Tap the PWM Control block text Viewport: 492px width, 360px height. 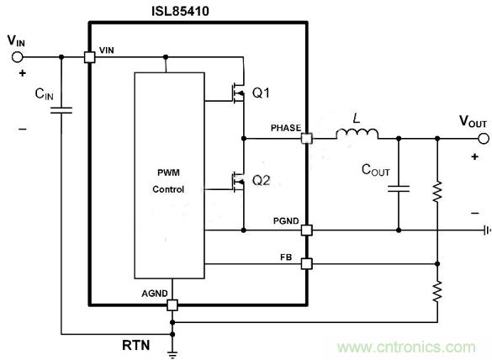click(x=167, y=182)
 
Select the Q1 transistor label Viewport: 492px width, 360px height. click(x=262, y=92)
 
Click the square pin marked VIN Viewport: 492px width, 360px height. click(x=88, y=57)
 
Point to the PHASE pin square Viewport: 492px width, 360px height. click(x=307, y=138)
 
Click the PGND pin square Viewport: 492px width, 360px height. click(x=307, y=230)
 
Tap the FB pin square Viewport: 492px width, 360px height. click(x=307, y=263)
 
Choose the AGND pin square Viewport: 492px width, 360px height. click(x=172, y=304)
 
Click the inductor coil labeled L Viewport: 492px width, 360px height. click(x=357, y=134)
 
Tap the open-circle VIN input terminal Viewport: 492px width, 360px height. click(x=16, y=57)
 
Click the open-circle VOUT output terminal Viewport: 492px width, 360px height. click(x=482, y=138)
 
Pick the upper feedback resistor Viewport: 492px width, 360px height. click(x=438, y=193)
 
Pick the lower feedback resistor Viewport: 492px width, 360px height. click(x=438, y=292)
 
